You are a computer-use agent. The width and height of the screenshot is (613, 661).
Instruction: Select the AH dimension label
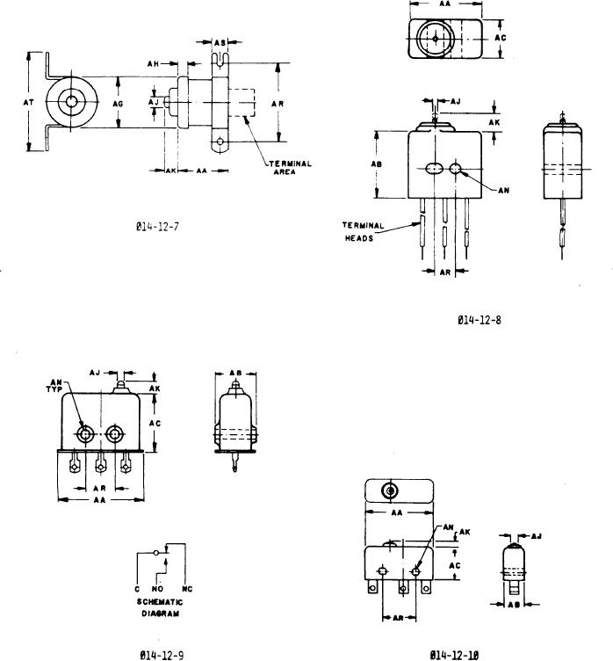tap(153, 62)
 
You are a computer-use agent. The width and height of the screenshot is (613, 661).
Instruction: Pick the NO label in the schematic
tap(159, 587)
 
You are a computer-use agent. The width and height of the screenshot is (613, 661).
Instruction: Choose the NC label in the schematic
tap(187, 587)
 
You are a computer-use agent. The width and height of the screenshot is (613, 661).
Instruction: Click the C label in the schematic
tap(136, 587)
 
